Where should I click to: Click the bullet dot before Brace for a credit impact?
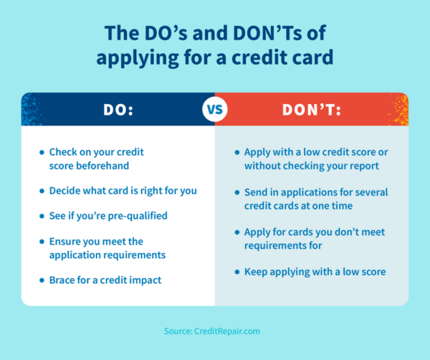click(41, 280)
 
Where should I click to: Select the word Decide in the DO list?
click(65, 191)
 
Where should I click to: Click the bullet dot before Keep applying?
click(236, 273)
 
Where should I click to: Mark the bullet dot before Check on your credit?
click(41, 153)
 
